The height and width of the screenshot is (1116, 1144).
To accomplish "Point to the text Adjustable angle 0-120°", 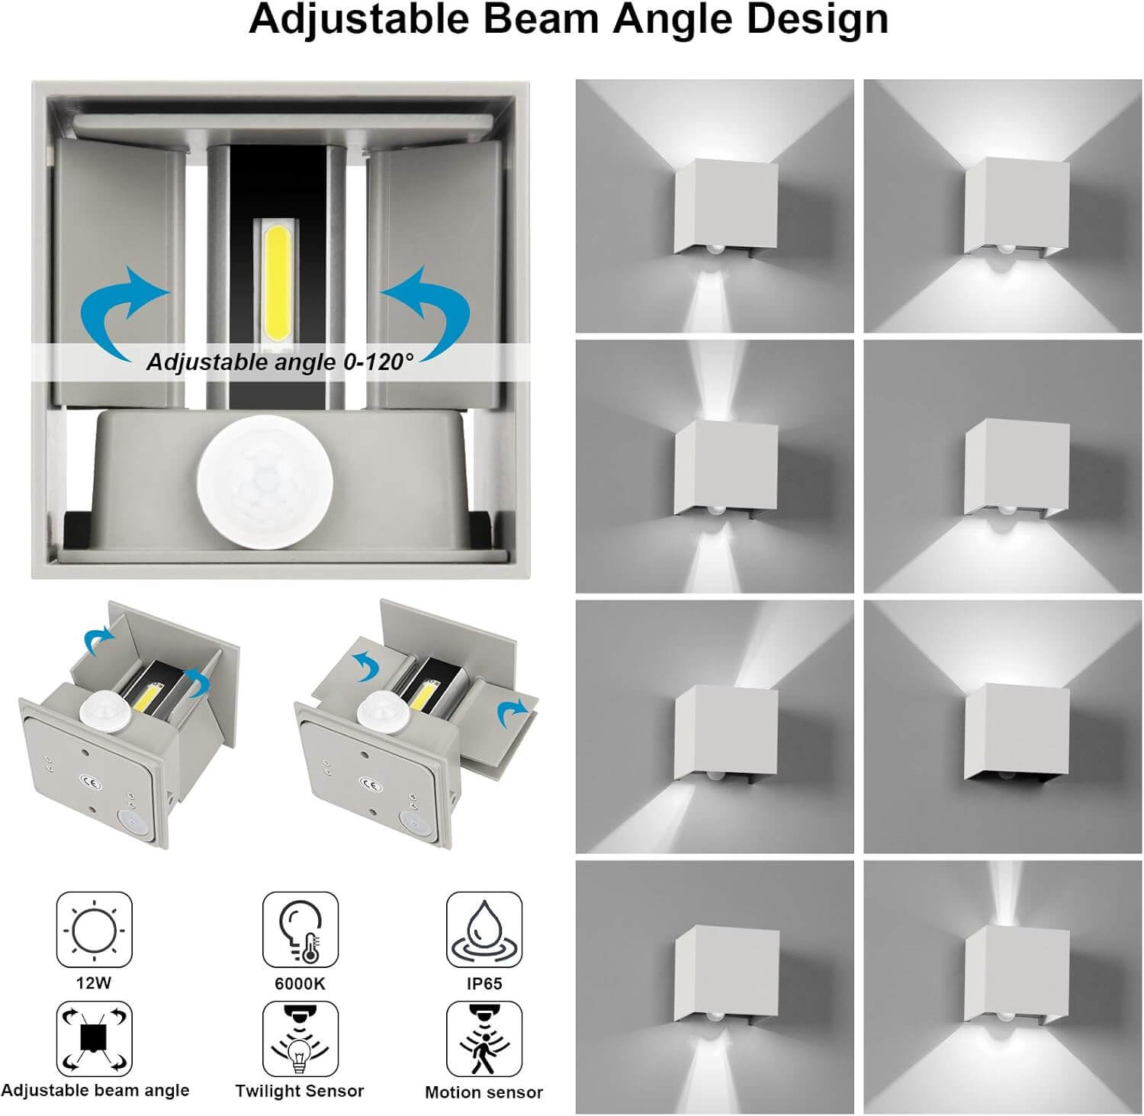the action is click(x=279, y=362).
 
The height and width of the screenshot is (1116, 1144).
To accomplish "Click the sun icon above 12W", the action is click(x=94, y=930).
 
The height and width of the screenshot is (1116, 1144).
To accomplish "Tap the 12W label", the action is click(x=94, y=983).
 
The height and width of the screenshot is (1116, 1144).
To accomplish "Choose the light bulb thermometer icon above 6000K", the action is click(x=300, y=930).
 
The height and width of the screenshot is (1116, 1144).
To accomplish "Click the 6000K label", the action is click(x=300, y=983).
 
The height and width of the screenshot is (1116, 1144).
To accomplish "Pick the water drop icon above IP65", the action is click(x=484, y=930).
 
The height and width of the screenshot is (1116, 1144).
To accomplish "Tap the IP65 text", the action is click(x=484, y=983).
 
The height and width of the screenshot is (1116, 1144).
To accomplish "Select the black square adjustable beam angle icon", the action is click(x=94, y=1039).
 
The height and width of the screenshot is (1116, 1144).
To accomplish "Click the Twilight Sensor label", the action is click(x=300, y=1091).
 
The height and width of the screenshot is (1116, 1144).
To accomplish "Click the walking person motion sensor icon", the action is click(x=484, y=1039).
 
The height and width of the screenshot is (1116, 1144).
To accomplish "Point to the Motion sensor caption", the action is click(x=484, y=1092).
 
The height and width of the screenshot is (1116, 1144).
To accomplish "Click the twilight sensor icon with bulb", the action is click(x=300, y=1039).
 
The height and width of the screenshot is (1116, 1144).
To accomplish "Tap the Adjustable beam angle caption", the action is click(x=95, y=1091).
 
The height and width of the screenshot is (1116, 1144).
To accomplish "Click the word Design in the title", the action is click(x=818, y=21).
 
